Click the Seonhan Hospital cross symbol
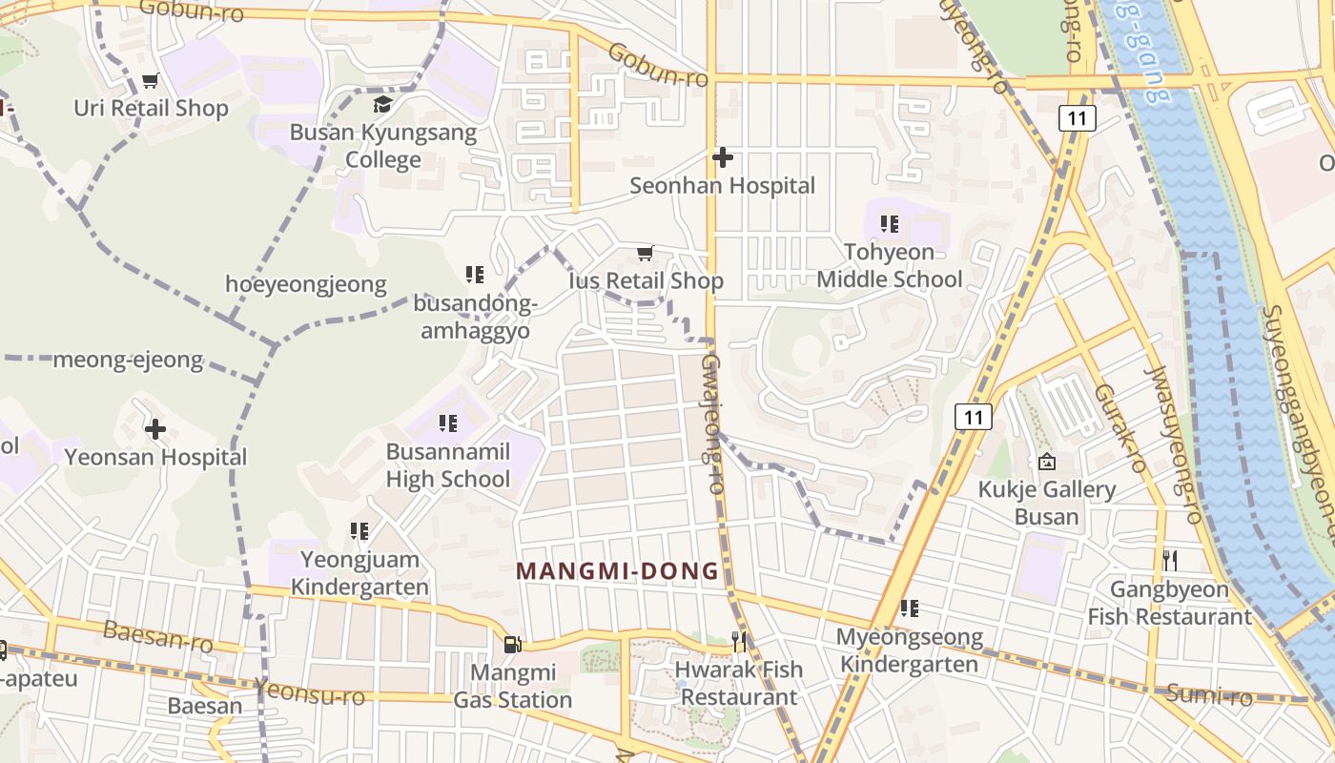pos(723,156)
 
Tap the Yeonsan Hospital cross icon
pos(155,429)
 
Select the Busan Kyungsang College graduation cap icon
pos(382,104)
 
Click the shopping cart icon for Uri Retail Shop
pos(150,80)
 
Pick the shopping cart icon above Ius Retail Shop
pos(646,253)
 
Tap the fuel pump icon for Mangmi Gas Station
pos(512,645)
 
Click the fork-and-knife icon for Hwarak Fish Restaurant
pos(740,641)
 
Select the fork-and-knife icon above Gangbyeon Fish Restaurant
pos(1170,560)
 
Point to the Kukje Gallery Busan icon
pos(1046,462)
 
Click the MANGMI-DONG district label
pos(618,571)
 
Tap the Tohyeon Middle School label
pos(890,266)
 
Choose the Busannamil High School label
pos(448,464)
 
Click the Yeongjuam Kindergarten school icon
pos(359,530)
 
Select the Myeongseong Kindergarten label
pos(909,650)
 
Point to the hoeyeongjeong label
pos(306,283)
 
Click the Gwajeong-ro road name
pos(713,423)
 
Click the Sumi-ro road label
pos(1209,694)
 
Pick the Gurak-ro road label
pos(1119,428)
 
